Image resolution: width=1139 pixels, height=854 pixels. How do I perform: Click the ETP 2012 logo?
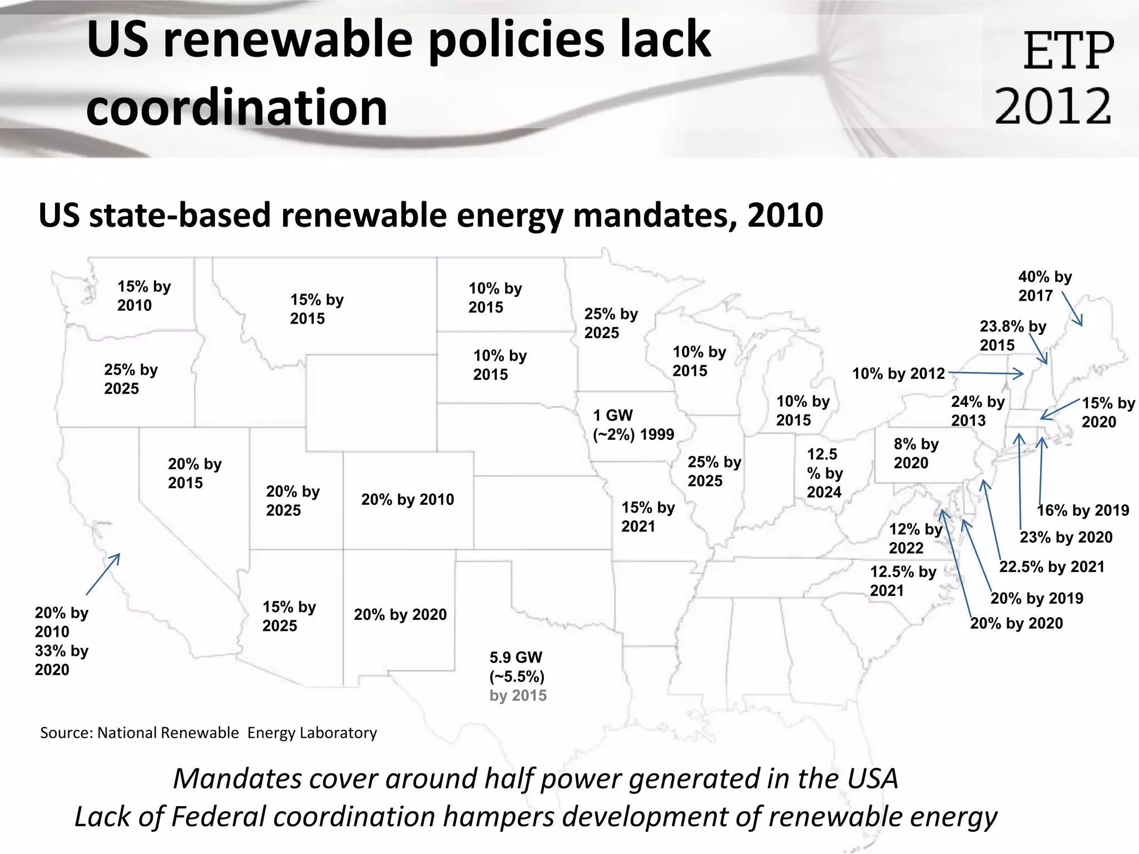[1054, 78]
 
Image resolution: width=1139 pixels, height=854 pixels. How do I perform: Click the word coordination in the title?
[236, 107]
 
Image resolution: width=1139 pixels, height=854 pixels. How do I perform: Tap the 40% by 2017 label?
[1044, 286]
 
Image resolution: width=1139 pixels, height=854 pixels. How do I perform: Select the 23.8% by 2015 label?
[1012, 335]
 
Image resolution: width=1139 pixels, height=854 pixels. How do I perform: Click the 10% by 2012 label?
[898, 374]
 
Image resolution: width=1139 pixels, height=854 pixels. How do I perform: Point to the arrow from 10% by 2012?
[986, 373]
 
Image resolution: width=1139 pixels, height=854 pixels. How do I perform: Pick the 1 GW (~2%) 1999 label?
[633, 425]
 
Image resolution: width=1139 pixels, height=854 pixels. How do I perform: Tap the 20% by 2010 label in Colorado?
[407, 499]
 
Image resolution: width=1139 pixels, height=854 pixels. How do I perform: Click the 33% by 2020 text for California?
[61, 660]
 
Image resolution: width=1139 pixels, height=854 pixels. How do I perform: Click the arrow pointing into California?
[103, 574]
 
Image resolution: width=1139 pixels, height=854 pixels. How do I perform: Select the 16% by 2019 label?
[1082, 510]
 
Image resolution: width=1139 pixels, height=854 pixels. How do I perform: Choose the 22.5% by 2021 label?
[1051, 567]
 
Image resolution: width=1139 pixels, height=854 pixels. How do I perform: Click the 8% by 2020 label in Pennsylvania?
[915, 453]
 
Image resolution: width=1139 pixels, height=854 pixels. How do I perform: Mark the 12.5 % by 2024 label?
[824, 473]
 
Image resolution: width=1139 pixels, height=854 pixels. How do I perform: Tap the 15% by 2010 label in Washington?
[143, 296]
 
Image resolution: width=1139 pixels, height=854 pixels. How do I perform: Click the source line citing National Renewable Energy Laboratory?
[209, 733]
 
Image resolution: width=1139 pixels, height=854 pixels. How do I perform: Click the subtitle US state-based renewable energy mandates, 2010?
[430, 216]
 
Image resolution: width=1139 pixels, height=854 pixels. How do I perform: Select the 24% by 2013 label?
[977, 411]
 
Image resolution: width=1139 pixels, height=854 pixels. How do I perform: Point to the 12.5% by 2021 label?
[903, 581]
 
